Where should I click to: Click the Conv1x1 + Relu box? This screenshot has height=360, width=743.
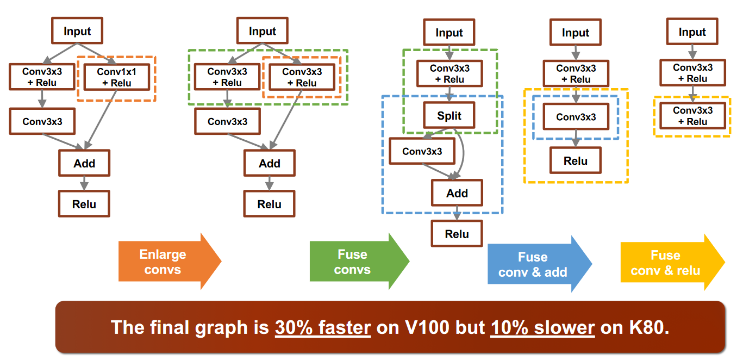pyautogui.click(x=117, y=77)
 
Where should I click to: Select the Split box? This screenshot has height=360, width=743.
pyautogui.click(x=449, y=115)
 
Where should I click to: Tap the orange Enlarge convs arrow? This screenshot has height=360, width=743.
pyautogui.click(x=170, y=262)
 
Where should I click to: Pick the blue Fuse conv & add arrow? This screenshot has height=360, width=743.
pyautogui.click(x=540, y=264)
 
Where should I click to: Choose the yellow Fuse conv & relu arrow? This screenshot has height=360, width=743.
pyautogui.click(x=673, y=263)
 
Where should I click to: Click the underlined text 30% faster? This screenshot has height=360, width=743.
pyautogui.click(x=323, y=327)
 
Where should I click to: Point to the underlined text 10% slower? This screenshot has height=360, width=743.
pyautogui.click(x=542, y=327)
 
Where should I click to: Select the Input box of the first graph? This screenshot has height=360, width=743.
pyautogui.click(x=77, y=31)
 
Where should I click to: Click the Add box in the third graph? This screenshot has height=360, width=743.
pyautogui.click(x=457, y=193)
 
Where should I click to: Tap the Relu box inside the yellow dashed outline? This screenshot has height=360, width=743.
pyautogui.click(x=576, y=160)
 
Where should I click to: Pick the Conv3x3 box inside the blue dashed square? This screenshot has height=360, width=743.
pyautogui.click(x=576, y=117)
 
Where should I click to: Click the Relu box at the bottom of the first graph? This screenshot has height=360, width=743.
pyautogui.click(x=84, y=204)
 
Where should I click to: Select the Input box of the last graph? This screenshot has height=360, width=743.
pyautogui.click(x=692, y=32)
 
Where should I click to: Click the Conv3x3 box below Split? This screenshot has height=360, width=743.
pyautogui.click(x=422, y=151)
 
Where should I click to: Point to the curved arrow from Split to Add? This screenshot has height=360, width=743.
pyautogui.click(x=463, y=153)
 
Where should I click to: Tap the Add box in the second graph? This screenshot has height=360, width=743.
pyautogui.click(x=270, y=163)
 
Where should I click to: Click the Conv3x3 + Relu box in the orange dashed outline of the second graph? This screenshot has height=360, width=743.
pyautogui.click(x=302, y=77)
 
